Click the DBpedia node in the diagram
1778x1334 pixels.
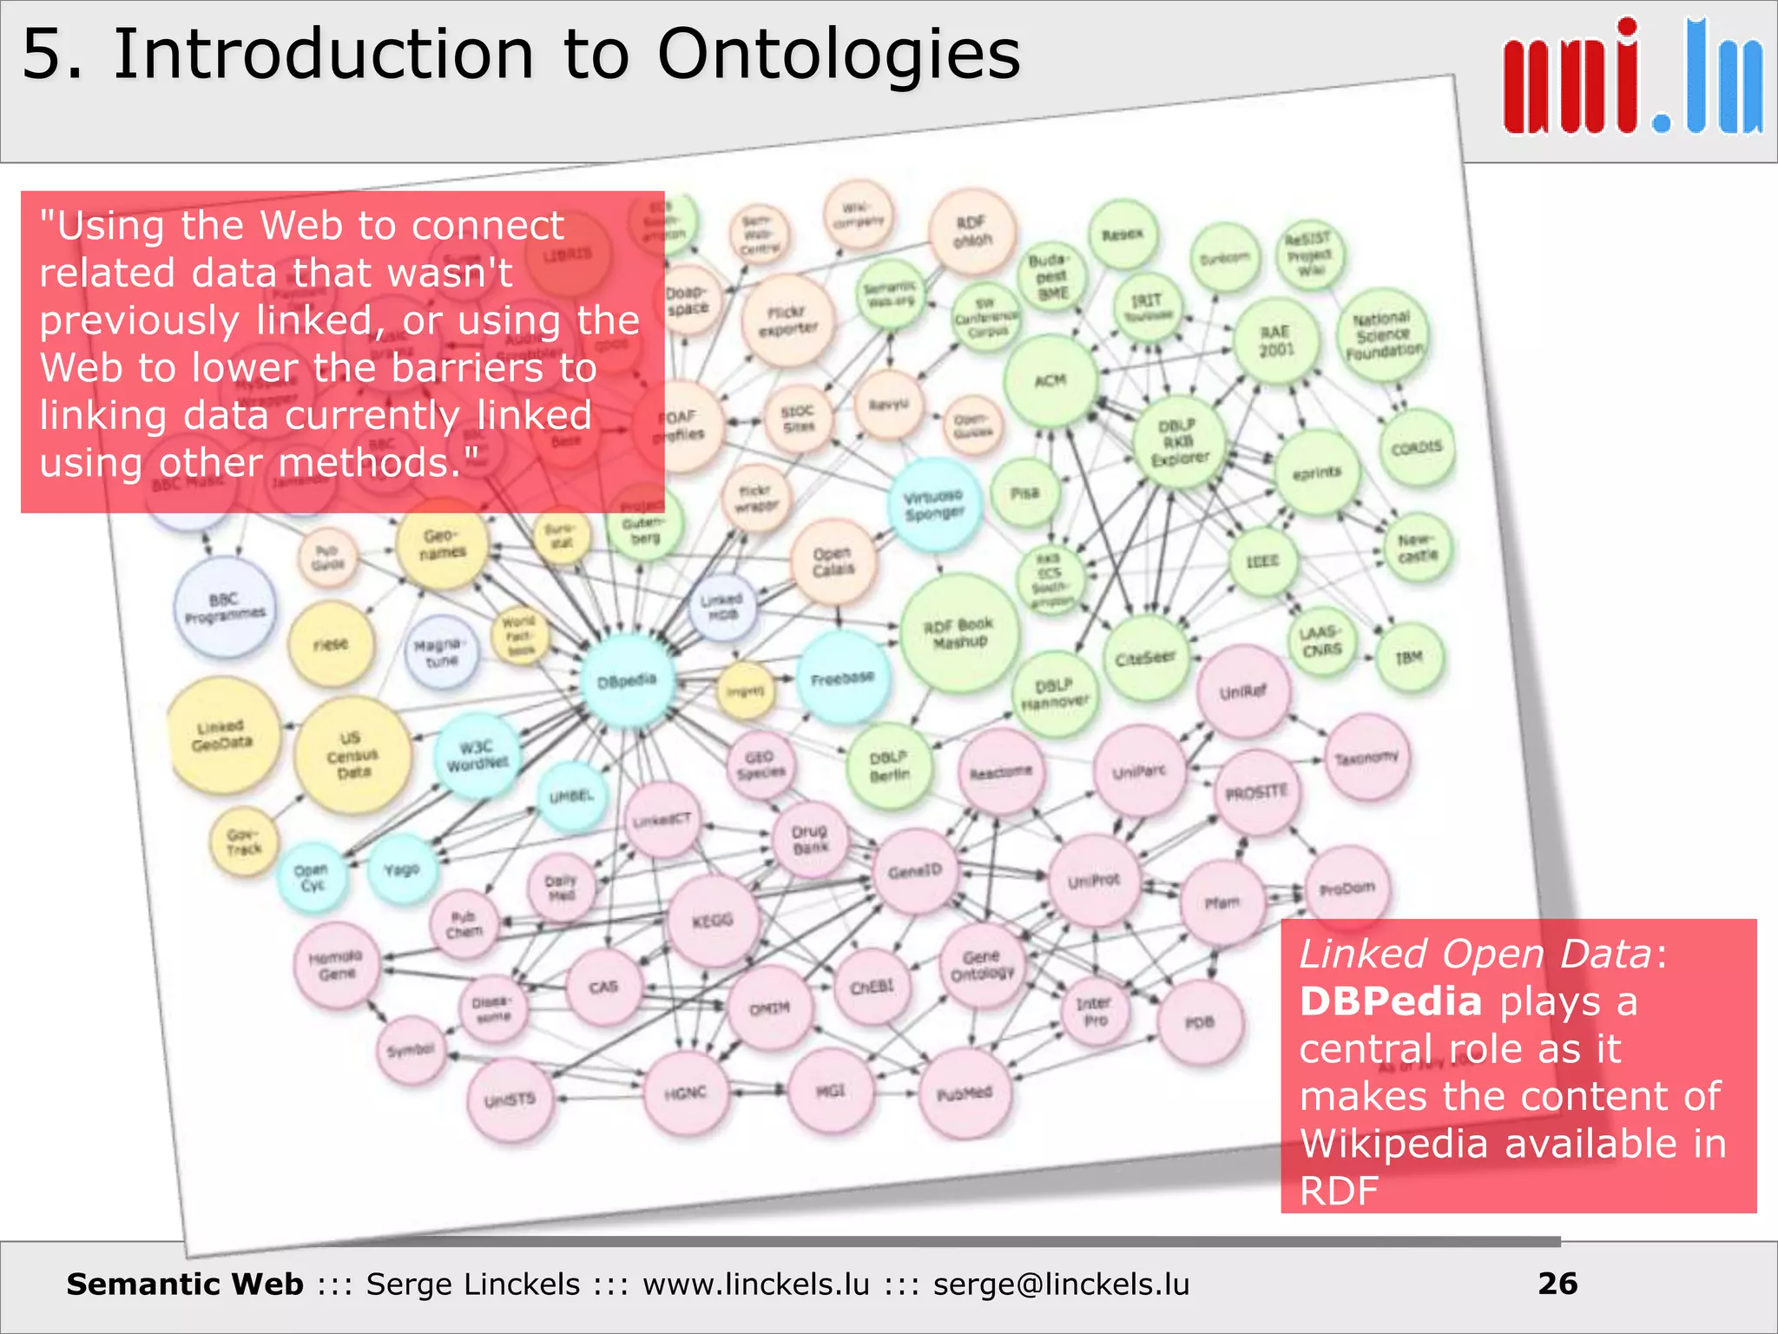click(628, 680)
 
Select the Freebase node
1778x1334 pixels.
click(842, 678)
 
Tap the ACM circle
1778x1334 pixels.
click(1050, 380)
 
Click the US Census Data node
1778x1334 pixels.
click(352, 755)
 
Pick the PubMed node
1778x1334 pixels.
click(965, 1093)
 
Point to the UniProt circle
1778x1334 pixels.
click(1094, 881)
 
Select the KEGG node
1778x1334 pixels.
click(713, 921)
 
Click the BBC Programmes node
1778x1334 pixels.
click(225, 607)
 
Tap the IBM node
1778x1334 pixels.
click(1409, 657)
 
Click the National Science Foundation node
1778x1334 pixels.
click(1384, 335)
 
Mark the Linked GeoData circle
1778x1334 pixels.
click(223, 735)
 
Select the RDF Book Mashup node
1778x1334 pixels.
click(958, 633)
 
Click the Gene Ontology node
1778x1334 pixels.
click(982, 966)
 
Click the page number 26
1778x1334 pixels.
click(1557, 1284)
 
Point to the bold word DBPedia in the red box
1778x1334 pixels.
click(1391, 1001)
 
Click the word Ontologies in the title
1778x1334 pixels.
click(838, 54)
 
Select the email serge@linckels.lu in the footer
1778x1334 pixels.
click(1061, 1284)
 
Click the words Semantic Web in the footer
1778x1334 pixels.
click(185, 1284)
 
